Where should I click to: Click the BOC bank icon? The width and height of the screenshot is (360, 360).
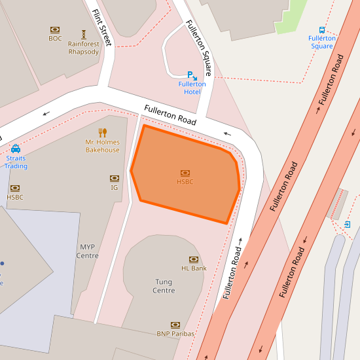point(55,29)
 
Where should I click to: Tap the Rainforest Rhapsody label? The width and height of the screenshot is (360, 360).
point(84,48)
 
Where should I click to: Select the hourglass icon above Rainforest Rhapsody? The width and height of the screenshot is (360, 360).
point(84,34)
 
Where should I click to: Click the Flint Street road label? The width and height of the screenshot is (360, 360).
point(103,27)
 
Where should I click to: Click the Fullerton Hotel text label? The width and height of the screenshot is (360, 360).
point(192,88)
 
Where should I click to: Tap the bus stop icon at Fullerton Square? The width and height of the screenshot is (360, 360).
point(322,30)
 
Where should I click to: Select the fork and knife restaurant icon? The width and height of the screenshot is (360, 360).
point(103,132)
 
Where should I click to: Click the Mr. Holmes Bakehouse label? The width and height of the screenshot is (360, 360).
point(103,146)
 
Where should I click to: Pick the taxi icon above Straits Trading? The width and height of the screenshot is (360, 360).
point(16,149)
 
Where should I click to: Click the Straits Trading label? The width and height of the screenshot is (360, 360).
point(16,162)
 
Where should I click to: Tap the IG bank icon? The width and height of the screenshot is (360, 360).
point(115,178)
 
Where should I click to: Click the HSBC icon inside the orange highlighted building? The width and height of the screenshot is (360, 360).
point(185,173)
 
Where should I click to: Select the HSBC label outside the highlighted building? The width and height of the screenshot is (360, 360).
point(15,197)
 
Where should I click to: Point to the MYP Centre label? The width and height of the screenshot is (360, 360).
point(88,251)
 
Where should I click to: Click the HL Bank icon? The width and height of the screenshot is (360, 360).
point(194,259)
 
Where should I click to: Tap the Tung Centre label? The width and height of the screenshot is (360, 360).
point(164,286)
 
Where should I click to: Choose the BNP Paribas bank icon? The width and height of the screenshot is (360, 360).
point(175,325)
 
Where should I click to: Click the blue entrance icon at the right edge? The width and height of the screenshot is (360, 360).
point(347,225)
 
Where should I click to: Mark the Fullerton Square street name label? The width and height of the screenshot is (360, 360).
point(199,48)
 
